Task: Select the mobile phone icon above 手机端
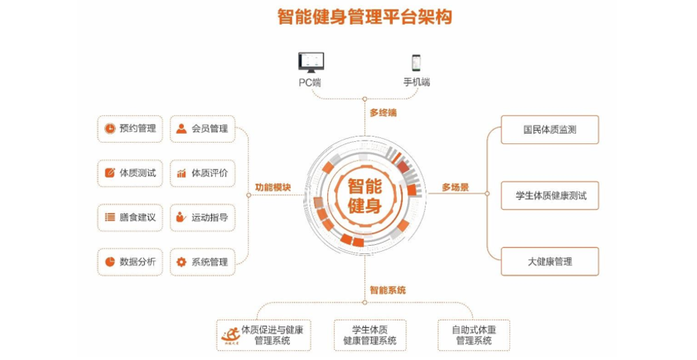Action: [x=416, y=61]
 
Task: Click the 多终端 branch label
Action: [x=382, y=113]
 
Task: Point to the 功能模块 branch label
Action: [x=273, y=187]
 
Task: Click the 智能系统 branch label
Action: [x=387, y=289]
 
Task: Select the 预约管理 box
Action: [x=130, y=128]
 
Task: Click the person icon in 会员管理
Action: [x=182, y=128]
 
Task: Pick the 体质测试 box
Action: [x=130, y=173]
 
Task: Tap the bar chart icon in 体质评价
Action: [x=182, y=173]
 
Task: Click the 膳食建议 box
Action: [x=130, y=217]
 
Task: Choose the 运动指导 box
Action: [x=201, y=217]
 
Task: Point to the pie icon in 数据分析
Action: [x=110, y=261]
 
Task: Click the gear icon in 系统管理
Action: [x=182, y=261]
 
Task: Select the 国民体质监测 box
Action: [x=549, y=129]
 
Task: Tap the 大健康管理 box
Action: [x=549, y=261]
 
